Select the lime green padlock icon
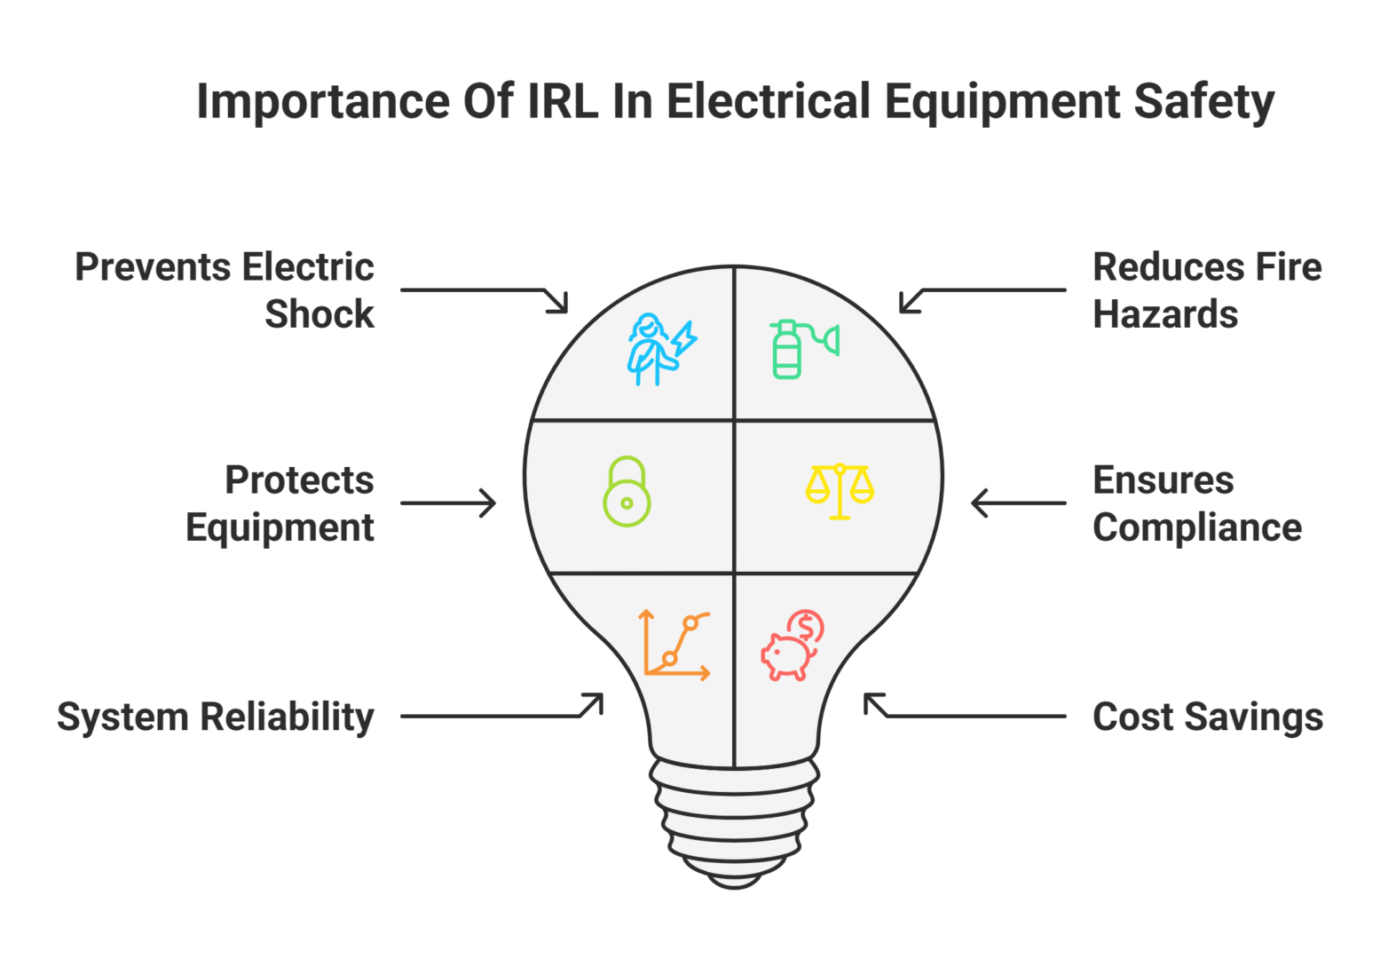[x=627, y=492]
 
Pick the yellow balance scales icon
[x=840, y=490]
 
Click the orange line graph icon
[x=675, y=645]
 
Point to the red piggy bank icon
[x=793, y=646]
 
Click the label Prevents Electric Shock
[x=225, y=290]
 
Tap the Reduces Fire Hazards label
[x=1206, y=290]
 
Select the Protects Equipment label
[x=280, y=503]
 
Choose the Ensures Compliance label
[x=1196, y=503]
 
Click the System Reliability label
[x=216, y=717]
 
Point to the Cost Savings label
[x=1207, y=717]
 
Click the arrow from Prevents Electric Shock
[x=485, y=292]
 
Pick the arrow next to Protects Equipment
[x=448, y=503]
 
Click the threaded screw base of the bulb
[x=735, y=821]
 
